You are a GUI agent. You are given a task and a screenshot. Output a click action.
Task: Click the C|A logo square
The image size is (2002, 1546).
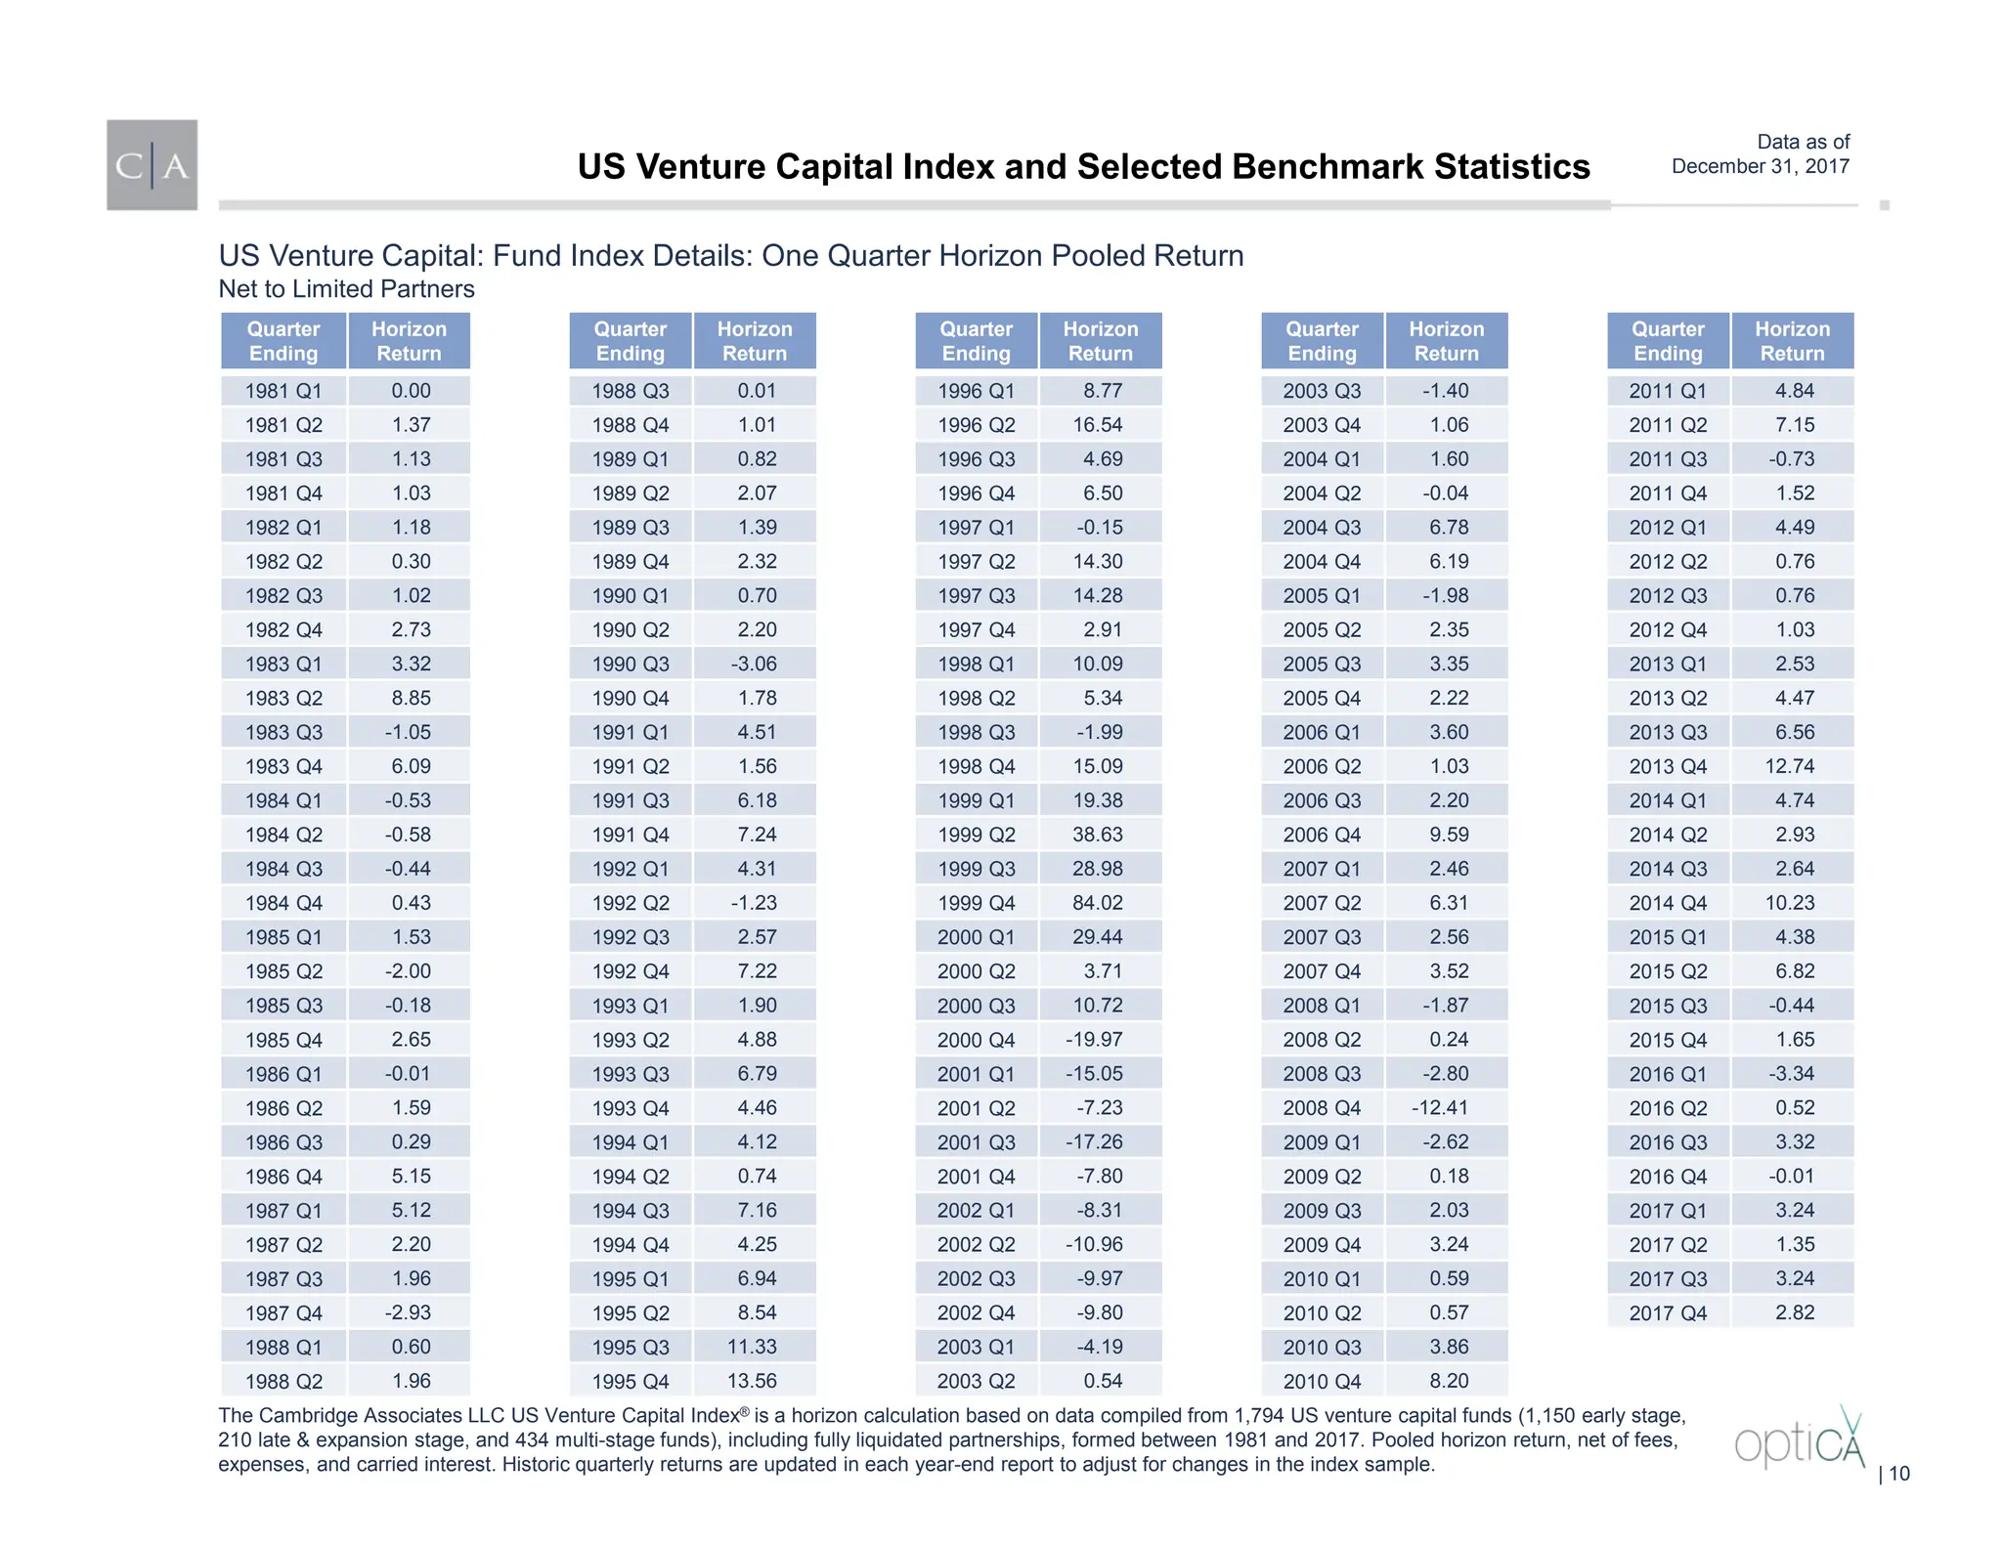[152, 165]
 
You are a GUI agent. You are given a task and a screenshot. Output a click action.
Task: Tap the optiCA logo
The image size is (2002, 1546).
[1799, 1439]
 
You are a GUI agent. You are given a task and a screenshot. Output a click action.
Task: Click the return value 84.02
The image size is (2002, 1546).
[1098, 903]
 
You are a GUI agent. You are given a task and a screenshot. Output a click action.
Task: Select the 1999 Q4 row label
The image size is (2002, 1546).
[976, 903]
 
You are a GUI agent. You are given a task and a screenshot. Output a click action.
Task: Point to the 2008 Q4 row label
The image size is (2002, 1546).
[1322, 1108]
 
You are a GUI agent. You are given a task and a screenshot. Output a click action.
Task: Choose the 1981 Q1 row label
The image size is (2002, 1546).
[283, 391]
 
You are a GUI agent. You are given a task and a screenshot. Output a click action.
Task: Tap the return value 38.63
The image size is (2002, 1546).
[1098, 835]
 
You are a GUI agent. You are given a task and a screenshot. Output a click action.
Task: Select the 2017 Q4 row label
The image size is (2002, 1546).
[1668, 1313]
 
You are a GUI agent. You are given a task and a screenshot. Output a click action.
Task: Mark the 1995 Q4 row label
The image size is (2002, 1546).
[630, 1382]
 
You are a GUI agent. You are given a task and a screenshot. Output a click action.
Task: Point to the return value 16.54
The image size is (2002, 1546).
[1098, 425]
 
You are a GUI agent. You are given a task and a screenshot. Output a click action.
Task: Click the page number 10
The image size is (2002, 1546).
[1898, 1474]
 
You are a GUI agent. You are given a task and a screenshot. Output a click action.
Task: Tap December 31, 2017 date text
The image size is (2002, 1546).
[1760, 166]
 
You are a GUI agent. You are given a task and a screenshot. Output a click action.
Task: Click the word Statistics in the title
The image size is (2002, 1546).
[1511, 167]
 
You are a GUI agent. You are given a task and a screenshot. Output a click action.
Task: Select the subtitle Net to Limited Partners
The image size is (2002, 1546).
[346, 289]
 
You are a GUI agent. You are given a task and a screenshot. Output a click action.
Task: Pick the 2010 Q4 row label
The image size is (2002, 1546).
[1322, 1382]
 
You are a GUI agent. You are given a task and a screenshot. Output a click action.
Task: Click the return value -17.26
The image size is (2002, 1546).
[1094, 1142]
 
